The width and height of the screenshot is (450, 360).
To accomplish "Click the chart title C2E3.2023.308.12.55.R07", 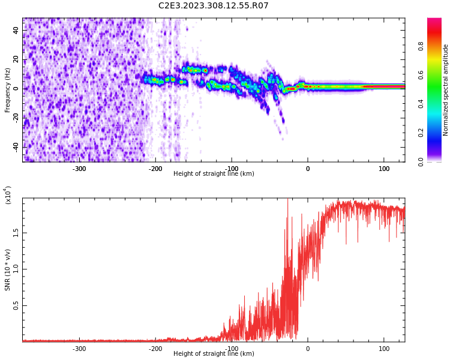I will (x=213, y=6).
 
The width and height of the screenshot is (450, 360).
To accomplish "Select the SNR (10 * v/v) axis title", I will (x=8, y=270).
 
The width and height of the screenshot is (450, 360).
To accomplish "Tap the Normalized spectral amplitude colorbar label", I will (x=446, y=90).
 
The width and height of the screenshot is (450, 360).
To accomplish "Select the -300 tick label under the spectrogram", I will (x=79, y=169).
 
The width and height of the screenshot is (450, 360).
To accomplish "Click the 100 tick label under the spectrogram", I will (x=384, y=169).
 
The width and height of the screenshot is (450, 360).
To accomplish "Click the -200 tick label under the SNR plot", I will (x=155, y=349).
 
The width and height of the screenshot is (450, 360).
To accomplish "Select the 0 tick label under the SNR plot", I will (x=308, y=349).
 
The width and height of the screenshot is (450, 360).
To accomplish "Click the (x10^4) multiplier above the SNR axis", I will (x=8, y=195).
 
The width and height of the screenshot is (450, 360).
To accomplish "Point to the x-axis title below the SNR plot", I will (x=214, y=354).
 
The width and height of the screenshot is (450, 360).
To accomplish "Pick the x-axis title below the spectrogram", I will (x=214, y=174).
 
